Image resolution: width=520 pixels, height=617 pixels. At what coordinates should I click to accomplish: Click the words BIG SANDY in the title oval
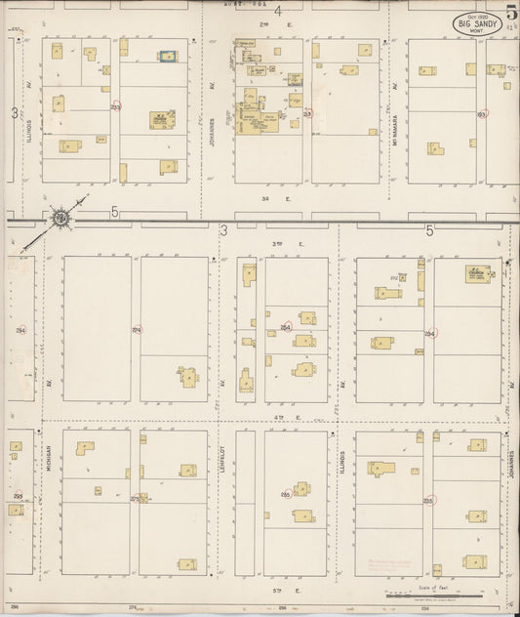477,27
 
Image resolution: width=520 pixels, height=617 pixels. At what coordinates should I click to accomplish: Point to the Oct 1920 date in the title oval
477,19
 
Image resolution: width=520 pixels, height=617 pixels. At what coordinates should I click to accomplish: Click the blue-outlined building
168,57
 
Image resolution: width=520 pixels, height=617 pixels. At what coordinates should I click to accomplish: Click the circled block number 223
116,106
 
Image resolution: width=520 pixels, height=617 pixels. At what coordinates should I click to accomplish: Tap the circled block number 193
481,114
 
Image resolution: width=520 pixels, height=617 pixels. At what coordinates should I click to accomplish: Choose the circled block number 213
307,114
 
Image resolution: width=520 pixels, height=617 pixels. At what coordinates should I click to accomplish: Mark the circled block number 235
428,500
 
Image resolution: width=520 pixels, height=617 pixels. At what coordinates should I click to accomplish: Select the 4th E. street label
282,417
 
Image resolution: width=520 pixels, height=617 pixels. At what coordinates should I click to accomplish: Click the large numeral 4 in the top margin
279,12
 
